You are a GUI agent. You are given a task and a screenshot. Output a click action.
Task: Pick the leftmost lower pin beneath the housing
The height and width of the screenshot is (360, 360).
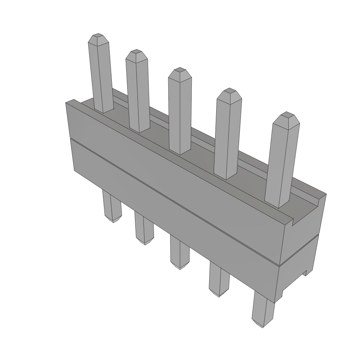(112, 207)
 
